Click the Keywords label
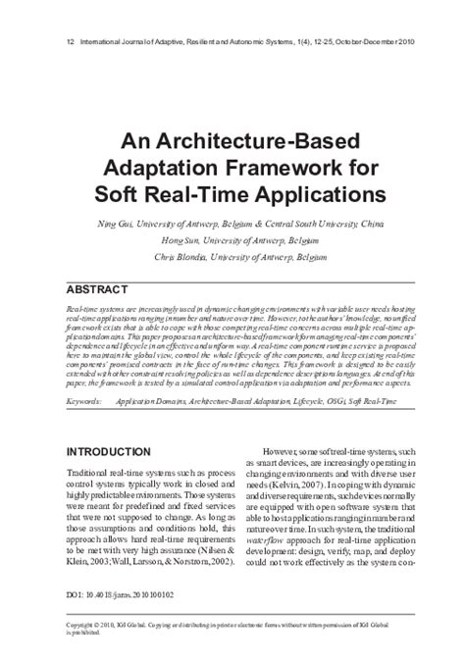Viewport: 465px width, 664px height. [x=86, y=401]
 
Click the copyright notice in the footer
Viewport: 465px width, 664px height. [x=231, y=651]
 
